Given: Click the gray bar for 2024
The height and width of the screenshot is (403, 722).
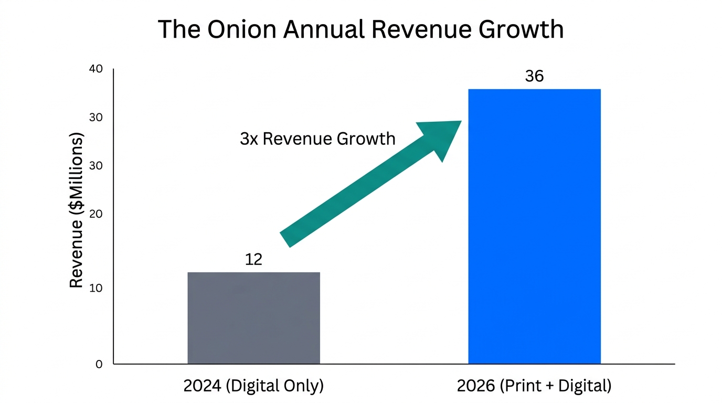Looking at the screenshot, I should (x=253, y=318).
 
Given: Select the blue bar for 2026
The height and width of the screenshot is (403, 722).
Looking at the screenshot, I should (x=534, y=226).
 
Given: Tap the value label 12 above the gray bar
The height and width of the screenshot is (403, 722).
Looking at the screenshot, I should (x=253, y=259).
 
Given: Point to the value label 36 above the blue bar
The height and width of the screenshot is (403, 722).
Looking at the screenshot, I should (x=534, y=76).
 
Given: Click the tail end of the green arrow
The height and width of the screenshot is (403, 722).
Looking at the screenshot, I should (x=286, y=239).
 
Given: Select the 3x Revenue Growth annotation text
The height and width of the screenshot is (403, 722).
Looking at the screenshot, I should (x=317, y=139).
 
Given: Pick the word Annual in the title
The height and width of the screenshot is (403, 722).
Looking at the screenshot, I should (x=323, y=29).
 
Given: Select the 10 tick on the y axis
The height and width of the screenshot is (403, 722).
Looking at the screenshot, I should (x=95, y=288).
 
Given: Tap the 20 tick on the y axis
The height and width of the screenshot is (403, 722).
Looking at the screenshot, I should (x=95, y=214).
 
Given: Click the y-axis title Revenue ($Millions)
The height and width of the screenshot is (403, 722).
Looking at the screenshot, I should (x=77, y=210).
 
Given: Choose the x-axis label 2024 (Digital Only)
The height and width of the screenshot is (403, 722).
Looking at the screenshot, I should (x=253, y=386).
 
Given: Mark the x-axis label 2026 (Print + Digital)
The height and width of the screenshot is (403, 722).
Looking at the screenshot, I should (x=534, y=386).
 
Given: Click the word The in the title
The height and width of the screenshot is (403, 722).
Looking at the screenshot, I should (x=178, y=29).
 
